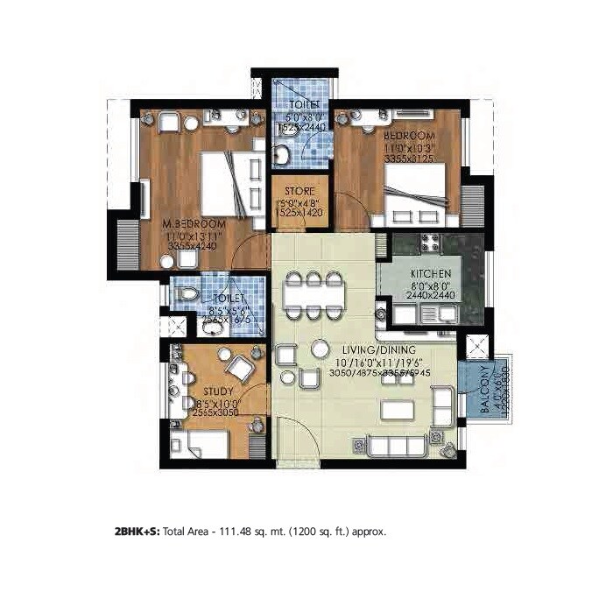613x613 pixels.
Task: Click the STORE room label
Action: coord(299,190)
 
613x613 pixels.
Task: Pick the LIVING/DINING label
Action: coord(359,351)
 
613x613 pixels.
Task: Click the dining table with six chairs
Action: coord(313,295)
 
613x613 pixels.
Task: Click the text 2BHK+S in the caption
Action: coord(137,531)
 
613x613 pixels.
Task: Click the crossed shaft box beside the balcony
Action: coord(477,345)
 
